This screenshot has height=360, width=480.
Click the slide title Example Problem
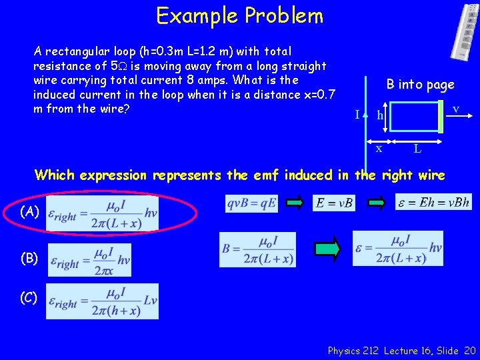[x=239, y=15]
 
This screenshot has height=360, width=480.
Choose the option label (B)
[x=29, y=258]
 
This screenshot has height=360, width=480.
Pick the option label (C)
[x=29, y=298]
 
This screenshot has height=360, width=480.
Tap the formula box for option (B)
[x=89, y=259]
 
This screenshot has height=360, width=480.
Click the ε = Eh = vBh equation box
[x=434, y=202]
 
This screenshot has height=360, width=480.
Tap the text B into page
[x=420, y=85]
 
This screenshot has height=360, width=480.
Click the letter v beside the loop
[x=455, y=108]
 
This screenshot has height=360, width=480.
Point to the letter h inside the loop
[x=380, y=116]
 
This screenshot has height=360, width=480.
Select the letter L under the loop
[x=417, y=149]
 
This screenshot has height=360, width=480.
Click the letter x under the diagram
[x=379, y=149]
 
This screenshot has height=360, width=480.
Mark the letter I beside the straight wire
[x=357, y=115]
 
